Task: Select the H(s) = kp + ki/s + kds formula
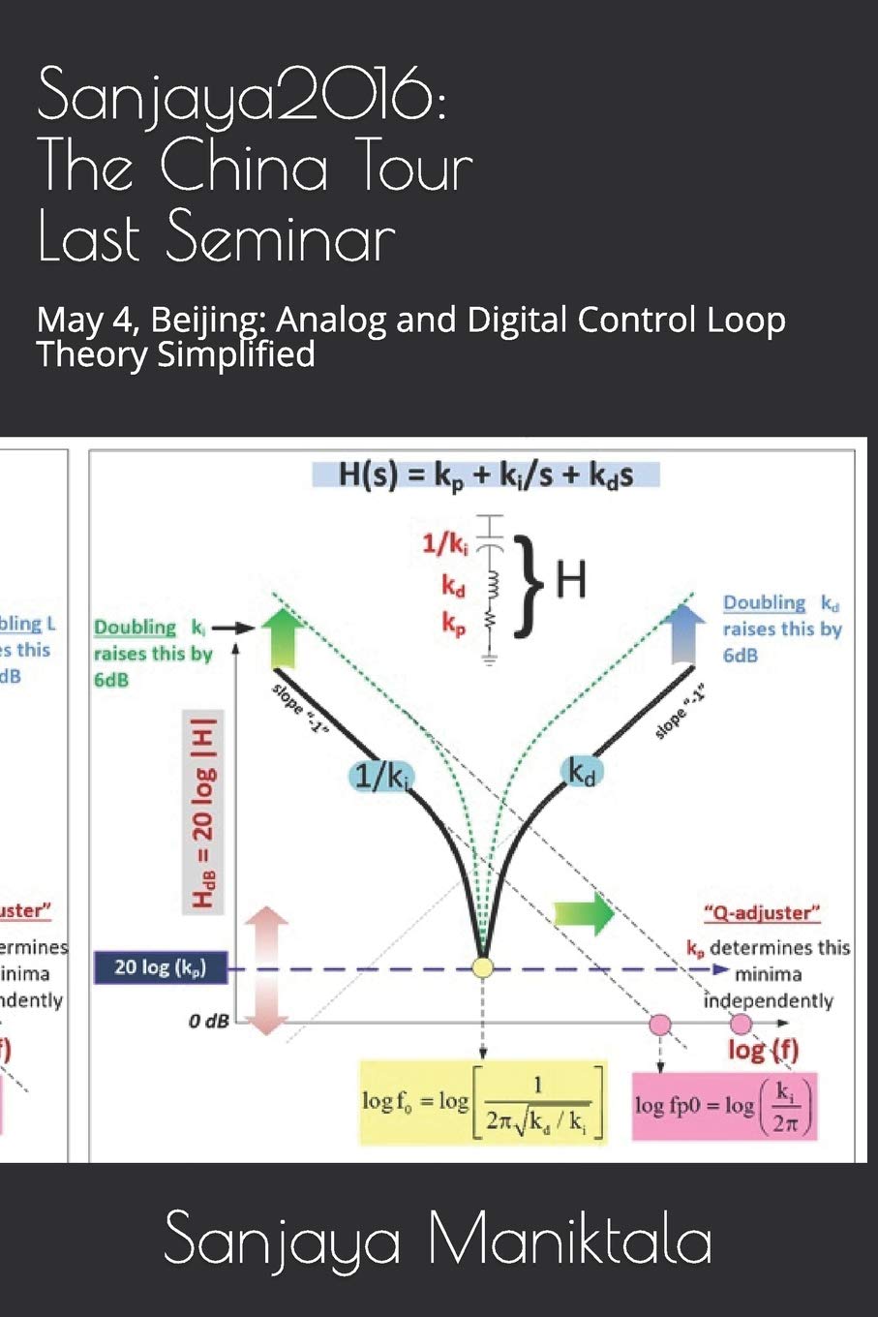click(x=486, y=475)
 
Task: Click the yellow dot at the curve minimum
click(x=482, y=966)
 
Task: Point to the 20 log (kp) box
click(x=160, y=966)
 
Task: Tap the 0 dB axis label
click(x=208, y=1021)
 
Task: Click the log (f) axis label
click(x=763, y=1050)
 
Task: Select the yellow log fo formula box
click(x=483, y=1102)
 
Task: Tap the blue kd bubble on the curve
click(x=581, y=772)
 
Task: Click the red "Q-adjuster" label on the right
click(x=761, y=912)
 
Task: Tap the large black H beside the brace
click(x=570, y=581)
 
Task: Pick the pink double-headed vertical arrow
click(x=268, y=969)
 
